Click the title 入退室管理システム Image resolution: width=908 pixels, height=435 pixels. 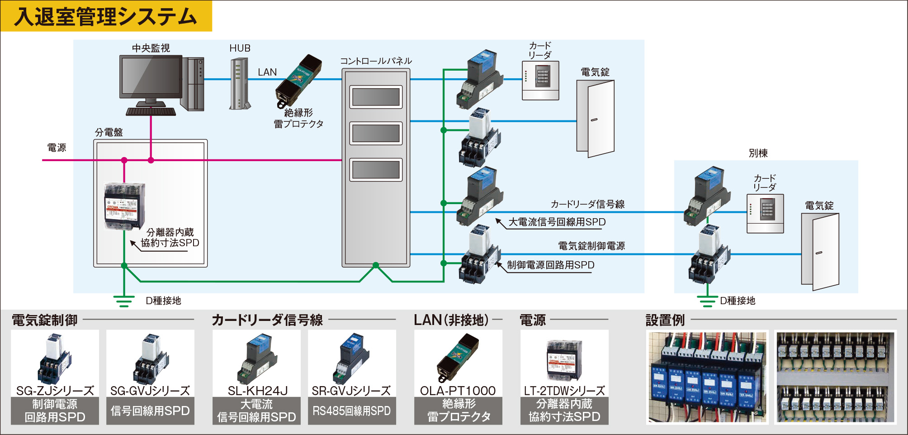point(106,16)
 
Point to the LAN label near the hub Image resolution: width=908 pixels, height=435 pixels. point(267,72)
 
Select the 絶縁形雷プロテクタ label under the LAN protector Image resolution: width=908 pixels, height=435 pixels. point(298,118)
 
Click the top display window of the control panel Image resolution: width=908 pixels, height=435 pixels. point(376,97)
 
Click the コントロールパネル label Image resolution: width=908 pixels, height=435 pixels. point(376,61)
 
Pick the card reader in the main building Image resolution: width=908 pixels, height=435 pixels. point(540,80)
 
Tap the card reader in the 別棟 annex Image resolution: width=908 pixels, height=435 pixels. point(765,213)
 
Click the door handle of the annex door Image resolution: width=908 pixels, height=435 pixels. point(818,253)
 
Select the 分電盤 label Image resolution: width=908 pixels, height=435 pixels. point(109,132)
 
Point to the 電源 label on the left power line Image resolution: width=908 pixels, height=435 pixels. point(57,148)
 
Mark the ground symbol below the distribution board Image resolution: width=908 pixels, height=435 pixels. point(123,301)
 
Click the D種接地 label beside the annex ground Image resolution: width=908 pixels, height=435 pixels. point(738,301)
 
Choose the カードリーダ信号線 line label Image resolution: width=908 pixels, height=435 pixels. point(587,204)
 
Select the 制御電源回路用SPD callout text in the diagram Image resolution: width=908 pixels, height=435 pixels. point(550,265)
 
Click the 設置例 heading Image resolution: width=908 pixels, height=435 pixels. point(665,320)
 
